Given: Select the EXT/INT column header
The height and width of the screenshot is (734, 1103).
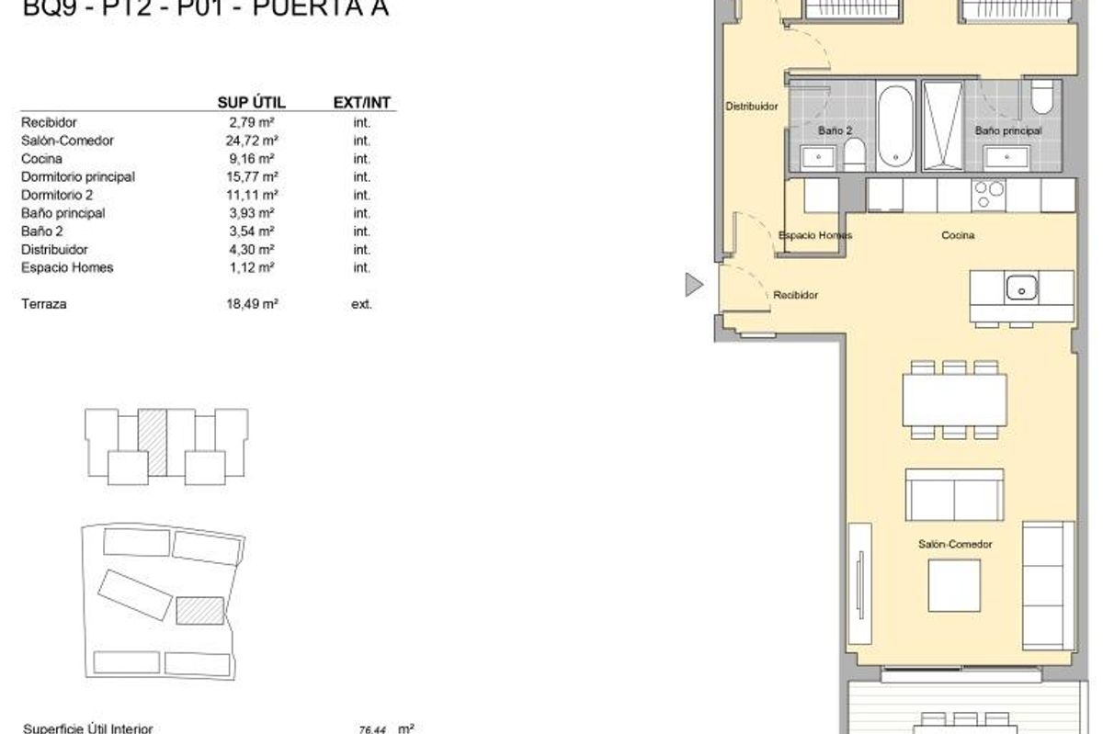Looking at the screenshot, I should [x=361, y=102].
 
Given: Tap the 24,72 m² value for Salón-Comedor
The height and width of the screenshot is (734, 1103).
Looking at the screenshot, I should [x=253, y=141].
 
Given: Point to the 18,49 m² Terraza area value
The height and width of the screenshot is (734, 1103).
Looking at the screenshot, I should [x=253, y=304].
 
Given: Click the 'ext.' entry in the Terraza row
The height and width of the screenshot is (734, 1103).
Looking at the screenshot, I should [x=361, y=304].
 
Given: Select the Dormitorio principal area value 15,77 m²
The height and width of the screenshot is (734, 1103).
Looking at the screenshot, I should [x=253, y=176].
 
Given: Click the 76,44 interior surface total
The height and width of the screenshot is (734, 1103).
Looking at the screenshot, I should [x=371, y=727].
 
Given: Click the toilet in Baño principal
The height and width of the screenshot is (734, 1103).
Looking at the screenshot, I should [x=1042, y=97].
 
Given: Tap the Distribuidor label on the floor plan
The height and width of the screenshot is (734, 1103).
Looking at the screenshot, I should [x=752, y=107].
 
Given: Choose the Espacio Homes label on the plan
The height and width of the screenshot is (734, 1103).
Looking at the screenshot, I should [x=814, y=236].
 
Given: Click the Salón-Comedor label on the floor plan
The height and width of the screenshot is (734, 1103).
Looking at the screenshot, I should [x=955, y=545].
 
